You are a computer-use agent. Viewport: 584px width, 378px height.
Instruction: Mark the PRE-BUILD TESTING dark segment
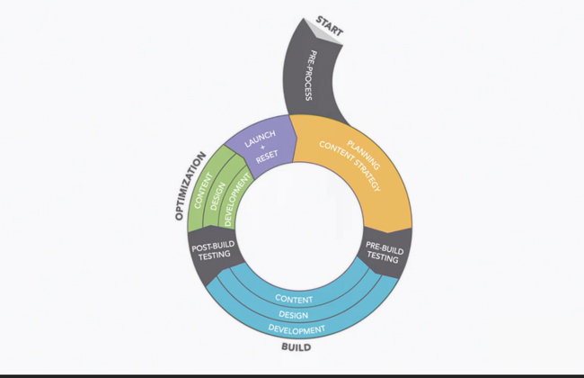[383, 251]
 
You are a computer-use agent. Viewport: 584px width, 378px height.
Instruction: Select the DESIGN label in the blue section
[294, 315]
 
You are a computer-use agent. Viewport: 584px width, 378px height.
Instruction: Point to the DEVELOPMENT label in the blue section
[296, 330]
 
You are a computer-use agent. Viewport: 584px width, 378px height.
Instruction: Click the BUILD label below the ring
[296, 346]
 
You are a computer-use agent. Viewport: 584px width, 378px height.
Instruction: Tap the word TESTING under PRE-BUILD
[383, 257]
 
